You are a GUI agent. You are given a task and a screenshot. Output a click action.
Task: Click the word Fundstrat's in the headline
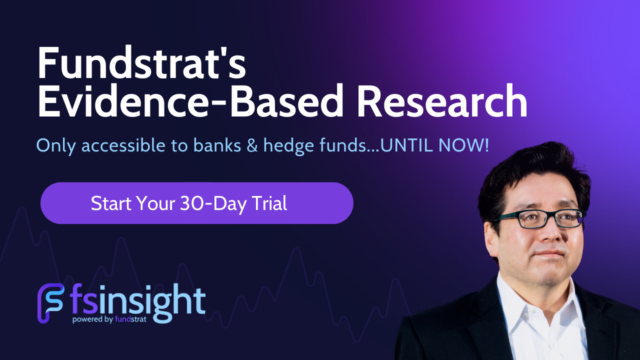pyautogui.click(x=141, y=62)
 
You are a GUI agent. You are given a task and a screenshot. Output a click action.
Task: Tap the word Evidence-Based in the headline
pyautogui.click(x=190, y=100)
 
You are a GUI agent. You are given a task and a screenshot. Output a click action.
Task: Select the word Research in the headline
pyautogui.click(x=442, y=100)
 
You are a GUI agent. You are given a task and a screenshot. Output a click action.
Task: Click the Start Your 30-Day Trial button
pyautogui.click(x=197, y=203)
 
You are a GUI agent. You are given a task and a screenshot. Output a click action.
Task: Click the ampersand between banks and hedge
pyautogui.click(x=252, y=145)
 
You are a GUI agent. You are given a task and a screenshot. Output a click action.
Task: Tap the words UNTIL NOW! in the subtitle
pyautogui.click(x=434, y=145)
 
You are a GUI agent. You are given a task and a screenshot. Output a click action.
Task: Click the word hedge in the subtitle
pyautogui.click(x=288, y=146)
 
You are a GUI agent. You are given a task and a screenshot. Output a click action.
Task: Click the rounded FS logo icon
pyautogui.click(x=51, y=303)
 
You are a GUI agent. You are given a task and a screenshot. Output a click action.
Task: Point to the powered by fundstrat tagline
pyautogui.click(x=109, y=319)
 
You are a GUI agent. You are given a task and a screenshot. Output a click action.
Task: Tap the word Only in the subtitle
pyautogui.click(x=56, y=146)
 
